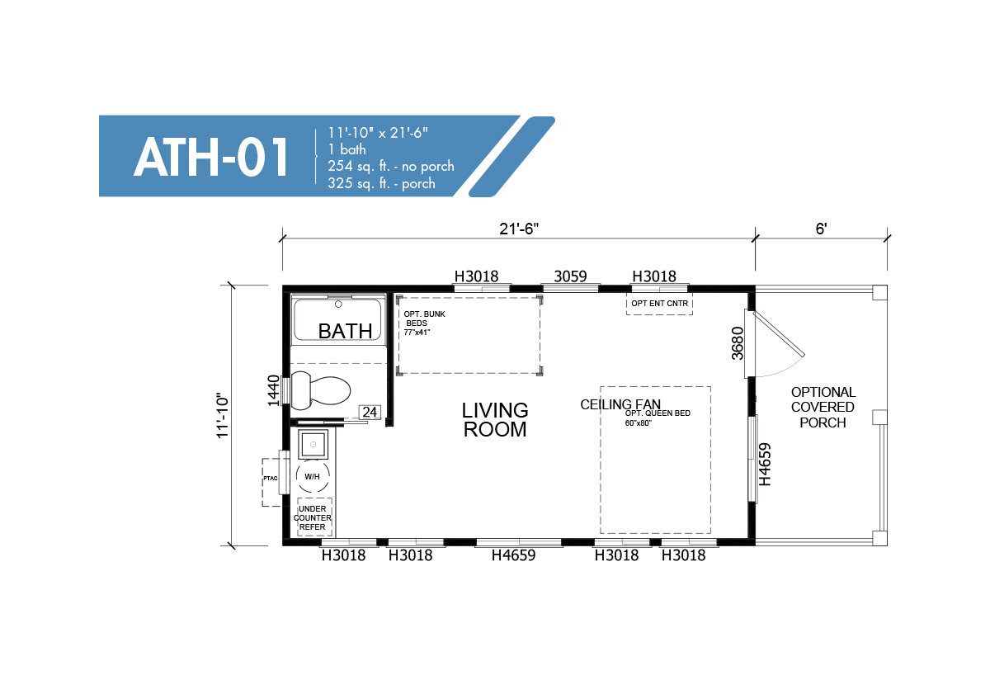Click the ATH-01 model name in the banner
[x=211, y=157]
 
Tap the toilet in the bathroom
[x=320, y=391]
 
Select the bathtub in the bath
[x=337, y=319]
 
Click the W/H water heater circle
[x=313, y=476]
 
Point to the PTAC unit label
[x=271, y=479]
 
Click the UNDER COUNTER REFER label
[x=313, y=517]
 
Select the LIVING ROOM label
[x=495, y=419]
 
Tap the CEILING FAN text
[x=620, y=404]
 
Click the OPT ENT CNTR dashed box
[x=659, y=304]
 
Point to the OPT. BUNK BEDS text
[x=424, y=319]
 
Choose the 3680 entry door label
[x=738, y=343]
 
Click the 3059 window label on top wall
[x=570, y=276]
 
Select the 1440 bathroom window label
[x=274, y=389]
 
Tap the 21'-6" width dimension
[x=519, y=229]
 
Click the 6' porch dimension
[x=821, y=229]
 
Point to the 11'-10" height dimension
[x=222, y=416]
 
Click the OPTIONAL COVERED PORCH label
[x=823, y=407]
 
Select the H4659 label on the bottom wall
[x=513, y=555]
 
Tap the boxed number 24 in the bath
[x=370, y=412]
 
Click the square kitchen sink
[x=313, y=444]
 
